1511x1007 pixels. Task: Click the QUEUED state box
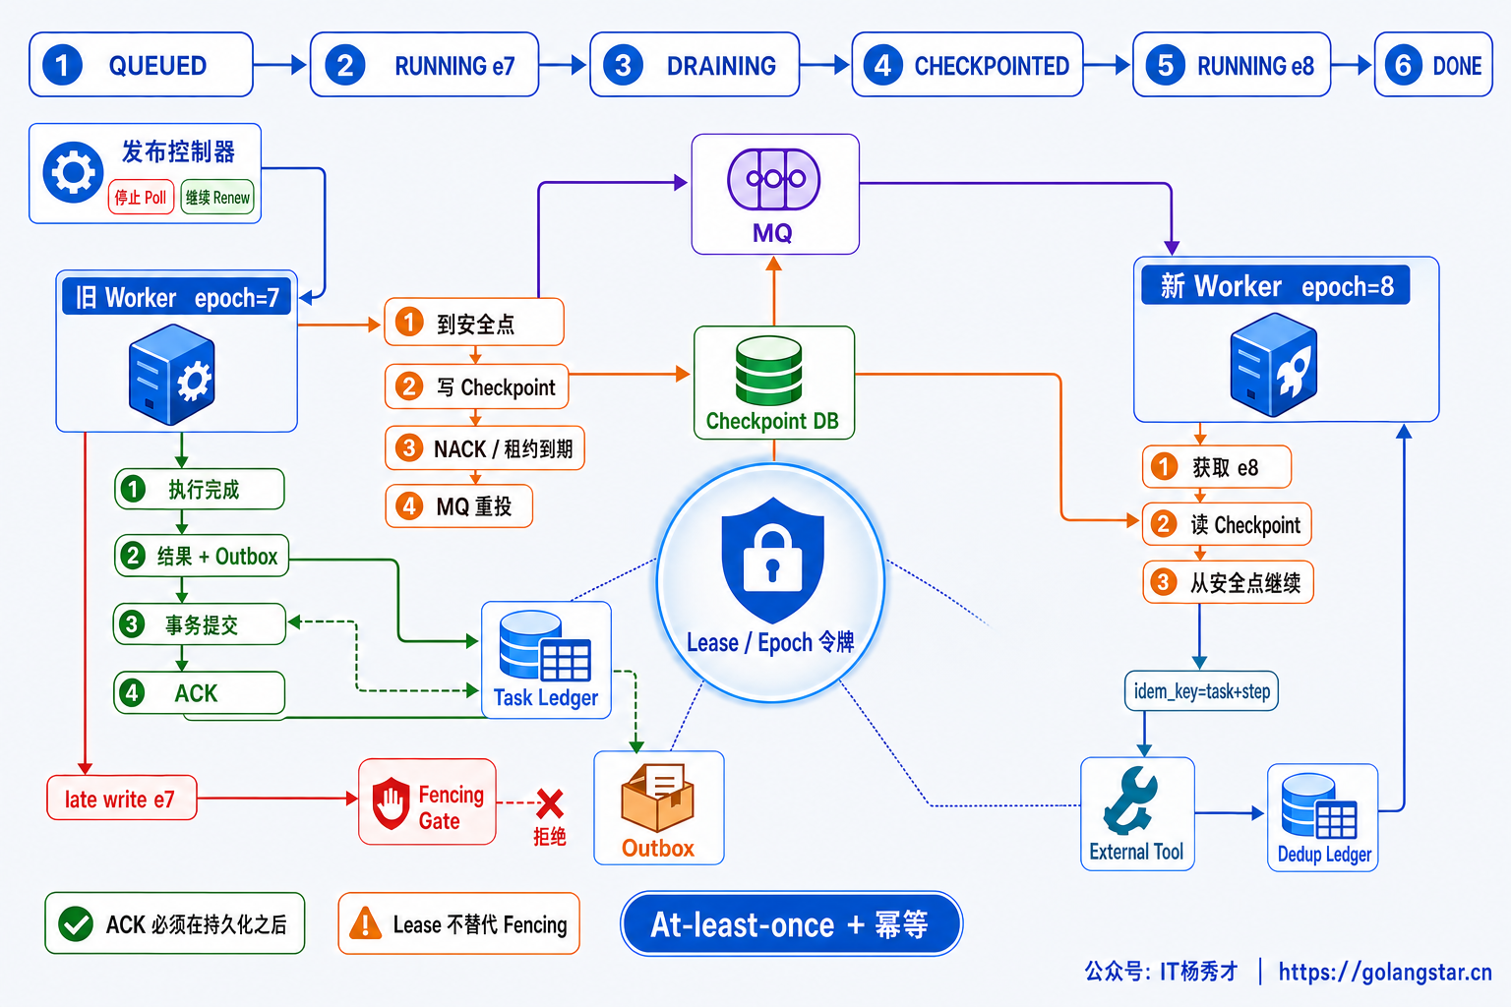(x=141, y=65)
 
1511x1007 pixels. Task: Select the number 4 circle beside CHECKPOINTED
(x=883, y=66)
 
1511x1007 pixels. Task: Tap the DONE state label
(x=1458, y=66)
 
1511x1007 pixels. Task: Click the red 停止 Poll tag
(x=141, y=198)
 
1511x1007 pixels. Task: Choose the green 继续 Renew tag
(x=217, y=198)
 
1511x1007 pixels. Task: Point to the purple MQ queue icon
(x=774, y=179)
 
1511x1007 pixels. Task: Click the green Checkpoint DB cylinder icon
(x=769, y=371)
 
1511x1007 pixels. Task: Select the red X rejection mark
(x=551, y=804)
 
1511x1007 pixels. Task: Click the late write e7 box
(x=122, y=799)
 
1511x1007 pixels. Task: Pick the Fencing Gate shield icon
(x=392, y=802)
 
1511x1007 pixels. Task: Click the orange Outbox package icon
(x=658, y=798)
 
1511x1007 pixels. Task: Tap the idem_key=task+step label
(x=1201, y=691)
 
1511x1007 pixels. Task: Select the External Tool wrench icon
(x=1131, y=800)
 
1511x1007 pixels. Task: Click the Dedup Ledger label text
(x=1324, y=855)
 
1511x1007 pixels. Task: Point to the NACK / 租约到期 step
(x=484, y=447)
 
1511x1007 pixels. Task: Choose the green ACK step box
(x=200, y=692)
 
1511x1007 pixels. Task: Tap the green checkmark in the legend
(x=76, y=923)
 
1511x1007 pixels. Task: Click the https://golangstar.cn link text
(x=1385, y=972)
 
